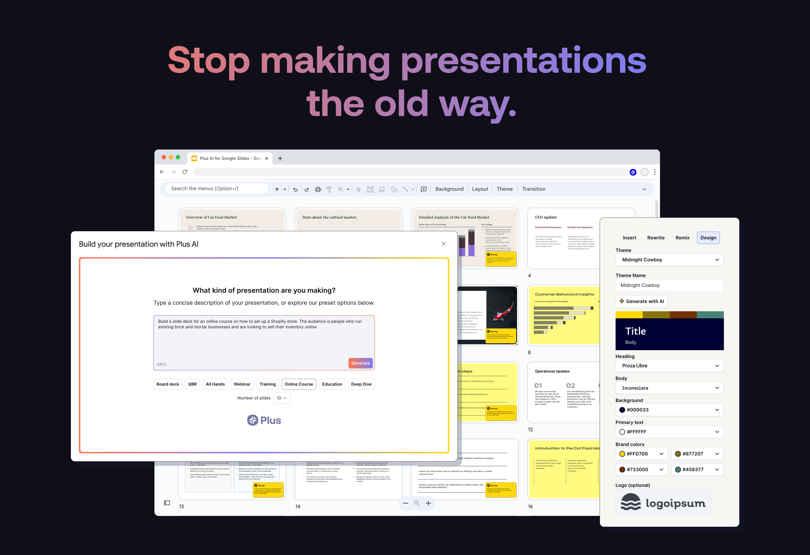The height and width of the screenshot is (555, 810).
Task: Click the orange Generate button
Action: pos(360,363)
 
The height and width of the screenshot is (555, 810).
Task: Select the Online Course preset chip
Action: pos(299,384)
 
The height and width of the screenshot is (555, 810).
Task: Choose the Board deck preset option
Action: pos(168,384)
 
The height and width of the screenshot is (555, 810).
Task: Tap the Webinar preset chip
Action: pos(242,384)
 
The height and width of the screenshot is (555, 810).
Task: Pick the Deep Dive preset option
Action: pos(361,384)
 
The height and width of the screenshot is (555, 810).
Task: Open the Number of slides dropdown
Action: pos(282,398)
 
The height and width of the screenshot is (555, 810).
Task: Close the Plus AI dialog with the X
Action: pos(444,244)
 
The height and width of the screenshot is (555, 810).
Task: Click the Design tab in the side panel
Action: pos(708,238)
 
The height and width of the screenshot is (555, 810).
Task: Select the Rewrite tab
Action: pos(656,238)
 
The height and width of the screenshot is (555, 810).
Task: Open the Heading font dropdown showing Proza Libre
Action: pos(669,366)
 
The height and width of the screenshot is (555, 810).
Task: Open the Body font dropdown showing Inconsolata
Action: pos(669,388)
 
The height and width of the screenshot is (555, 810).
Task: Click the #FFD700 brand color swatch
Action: pos(622,454)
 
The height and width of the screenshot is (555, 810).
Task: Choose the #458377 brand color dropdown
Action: pos(697,470)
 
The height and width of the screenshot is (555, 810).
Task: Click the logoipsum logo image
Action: pos(663,502)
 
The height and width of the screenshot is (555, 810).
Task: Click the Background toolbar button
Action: pos(449,189)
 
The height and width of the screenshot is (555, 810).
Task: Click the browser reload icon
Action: pos(185,172)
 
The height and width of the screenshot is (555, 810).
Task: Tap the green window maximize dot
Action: pos(178,157)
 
